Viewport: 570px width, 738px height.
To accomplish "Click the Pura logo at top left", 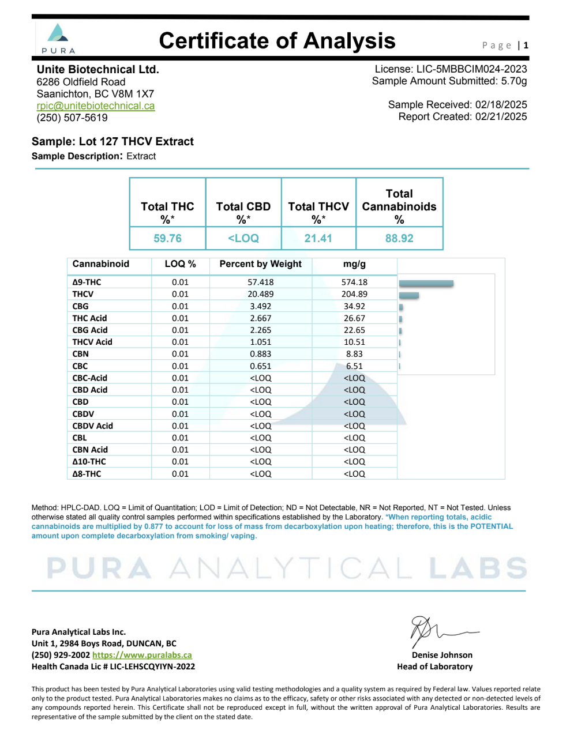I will point(58,37).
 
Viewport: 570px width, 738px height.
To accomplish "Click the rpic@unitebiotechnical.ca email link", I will point(95,106).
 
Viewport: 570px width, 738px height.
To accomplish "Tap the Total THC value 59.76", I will point(167,238).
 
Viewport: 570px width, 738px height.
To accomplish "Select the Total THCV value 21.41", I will point(318,238).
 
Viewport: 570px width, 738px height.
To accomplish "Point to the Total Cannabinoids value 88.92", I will point(399,238).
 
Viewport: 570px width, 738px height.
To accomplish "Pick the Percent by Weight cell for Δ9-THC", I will point(261,282).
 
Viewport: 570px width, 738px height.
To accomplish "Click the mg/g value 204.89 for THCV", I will point(354,294).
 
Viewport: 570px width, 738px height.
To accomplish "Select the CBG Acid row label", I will point(90,330).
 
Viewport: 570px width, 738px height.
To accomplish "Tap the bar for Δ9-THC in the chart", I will point(426,283).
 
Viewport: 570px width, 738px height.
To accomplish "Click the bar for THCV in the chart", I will point(409,295).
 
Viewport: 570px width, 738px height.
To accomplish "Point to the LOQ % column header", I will point(180,264).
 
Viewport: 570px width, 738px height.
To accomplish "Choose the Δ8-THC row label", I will point(87,474).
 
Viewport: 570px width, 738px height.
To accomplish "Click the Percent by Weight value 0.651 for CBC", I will point(261,366).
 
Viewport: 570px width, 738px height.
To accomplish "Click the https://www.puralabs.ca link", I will point(142,655).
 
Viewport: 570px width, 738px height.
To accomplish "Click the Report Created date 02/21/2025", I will point(501,116).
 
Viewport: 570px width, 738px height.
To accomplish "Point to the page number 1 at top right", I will point(526,45).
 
